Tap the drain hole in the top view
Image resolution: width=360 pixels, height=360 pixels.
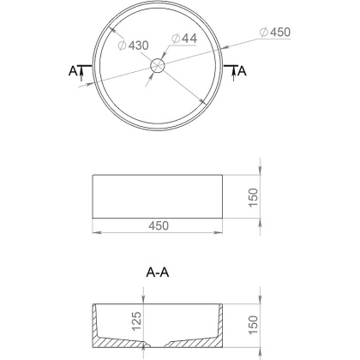coord(158,66)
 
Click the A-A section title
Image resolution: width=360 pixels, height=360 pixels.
coord(158,273)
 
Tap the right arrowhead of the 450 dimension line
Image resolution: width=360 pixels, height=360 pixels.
coord(220,232)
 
